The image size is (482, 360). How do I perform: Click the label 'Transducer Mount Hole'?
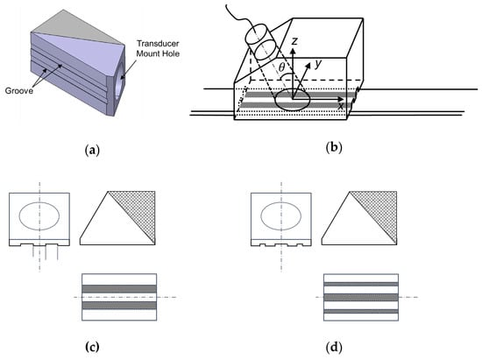click(x=158, y=48)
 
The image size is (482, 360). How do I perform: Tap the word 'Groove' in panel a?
click(x=19, y=90)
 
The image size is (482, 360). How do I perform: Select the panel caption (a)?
click(x=92, y=150)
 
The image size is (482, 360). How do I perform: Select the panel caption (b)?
click(x=334, y=147)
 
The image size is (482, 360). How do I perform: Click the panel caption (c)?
click(x=92, y=347)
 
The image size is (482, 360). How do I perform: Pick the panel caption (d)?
click(x=334, y=348)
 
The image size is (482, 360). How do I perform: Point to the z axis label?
click(x=294, y=40)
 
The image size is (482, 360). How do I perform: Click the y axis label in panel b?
click(x=318, y=64)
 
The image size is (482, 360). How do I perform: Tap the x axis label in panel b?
click(x=340, y=106)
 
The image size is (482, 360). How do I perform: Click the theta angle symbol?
click(x=281, y=67)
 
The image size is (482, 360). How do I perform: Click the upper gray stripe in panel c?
click(x=119, y=289)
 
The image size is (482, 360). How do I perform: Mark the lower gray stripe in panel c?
click(x=119, y=306)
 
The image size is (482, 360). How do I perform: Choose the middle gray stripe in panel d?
click(x=361, y=297)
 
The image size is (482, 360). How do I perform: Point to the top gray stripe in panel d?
click(x=361, y=284)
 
